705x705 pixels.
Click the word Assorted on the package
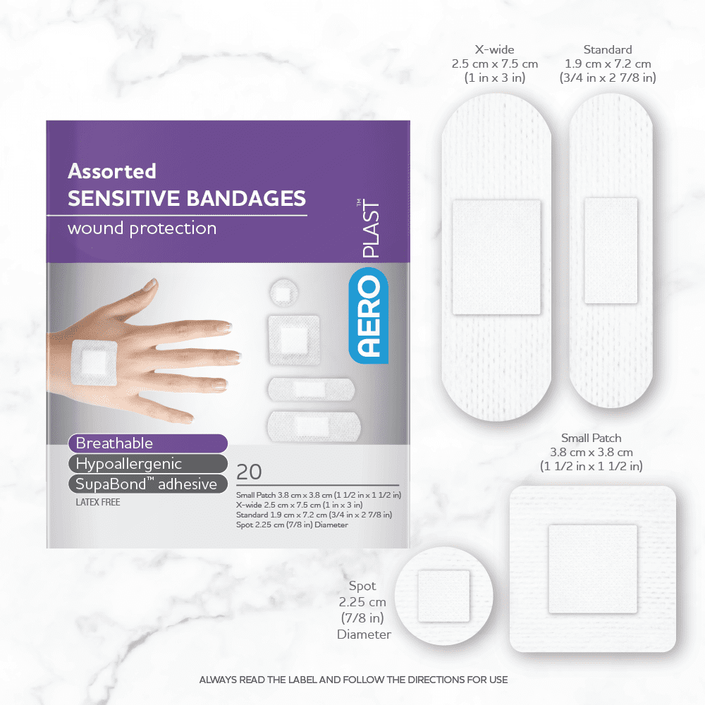112,171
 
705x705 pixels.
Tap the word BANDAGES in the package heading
246,198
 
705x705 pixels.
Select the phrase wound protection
142,228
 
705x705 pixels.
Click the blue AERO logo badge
368,315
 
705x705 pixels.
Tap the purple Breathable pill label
148,443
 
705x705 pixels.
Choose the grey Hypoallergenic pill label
148,464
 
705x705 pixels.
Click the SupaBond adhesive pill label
148,484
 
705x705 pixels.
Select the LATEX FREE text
98,502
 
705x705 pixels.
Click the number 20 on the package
249,472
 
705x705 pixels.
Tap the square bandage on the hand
94,362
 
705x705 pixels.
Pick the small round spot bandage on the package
283,293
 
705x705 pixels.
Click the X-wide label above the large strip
495,49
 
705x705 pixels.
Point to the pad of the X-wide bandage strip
496,257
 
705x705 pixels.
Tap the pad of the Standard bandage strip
611,250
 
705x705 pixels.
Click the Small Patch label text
591,438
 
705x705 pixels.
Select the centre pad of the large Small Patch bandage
593,569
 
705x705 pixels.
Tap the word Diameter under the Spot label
364,634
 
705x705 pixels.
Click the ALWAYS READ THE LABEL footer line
353,680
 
